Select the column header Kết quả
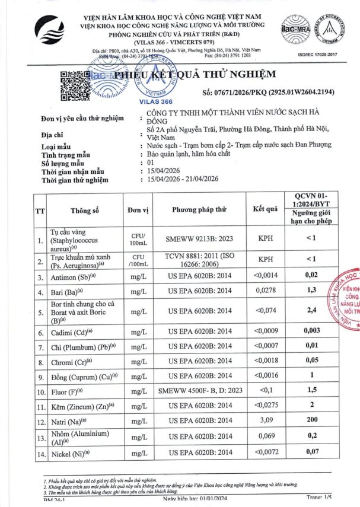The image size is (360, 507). [x=265, y=209]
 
